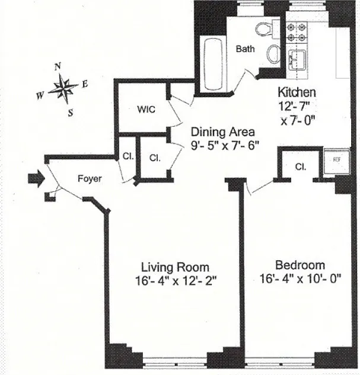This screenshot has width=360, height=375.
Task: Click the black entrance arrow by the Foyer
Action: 36,178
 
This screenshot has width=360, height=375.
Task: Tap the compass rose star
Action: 63,89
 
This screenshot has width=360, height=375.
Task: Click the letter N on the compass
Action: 58,66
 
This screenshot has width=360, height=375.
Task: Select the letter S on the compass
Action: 71,113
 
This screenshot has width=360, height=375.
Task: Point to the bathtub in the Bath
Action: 213,64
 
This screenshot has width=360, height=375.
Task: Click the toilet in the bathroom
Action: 265,29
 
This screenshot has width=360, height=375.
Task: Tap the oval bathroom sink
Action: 274,54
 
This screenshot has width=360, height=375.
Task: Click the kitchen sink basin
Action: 297,60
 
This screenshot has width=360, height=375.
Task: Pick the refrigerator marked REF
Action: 337,161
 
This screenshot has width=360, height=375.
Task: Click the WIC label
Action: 146,109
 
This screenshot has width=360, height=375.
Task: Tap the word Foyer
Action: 90,179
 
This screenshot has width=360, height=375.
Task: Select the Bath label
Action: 245,49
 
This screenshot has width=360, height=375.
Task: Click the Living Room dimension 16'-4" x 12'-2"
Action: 176,281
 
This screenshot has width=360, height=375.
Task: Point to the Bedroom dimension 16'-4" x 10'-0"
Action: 301,278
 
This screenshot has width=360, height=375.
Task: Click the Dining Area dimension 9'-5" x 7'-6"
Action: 225,145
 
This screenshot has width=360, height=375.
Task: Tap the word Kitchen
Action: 297,92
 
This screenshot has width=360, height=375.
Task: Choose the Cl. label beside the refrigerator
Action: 301,166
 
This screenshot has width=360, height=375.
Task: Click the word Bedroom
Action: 300,265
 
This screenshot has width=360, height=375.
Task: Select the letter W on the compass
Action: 40,96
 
